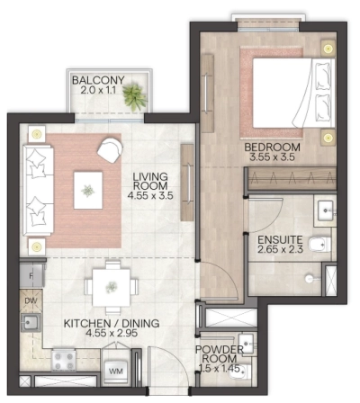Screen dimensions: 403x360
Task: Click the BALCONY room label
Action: point(99,79)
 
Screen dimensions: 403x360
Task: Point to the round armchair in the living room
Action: point(112,148)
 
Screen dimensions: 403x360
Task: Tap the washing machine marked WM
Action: point(115,368)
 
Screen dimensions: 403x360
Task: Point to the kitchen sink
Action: point(31,322)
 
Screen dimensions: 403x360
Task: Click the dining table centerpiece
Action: point(111,287)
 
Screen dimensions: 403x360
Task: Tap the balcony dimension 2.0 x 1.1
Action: point(99,91)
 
